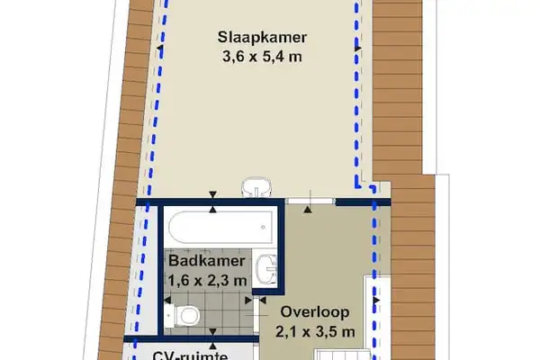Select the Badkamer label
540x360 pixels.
(206, 261)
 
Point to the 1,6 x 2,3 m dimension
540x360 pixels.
(206, 280)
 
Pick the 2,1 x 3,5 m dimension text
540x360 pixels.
(314, 330)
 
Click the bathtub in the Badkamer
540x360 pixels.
(217, 226)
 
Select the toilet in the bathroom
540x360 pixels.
(188, 316)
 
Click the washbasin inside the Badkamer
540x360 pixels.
(266, 269)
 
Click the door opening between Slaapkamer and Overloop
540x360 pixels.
(310, 199)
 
